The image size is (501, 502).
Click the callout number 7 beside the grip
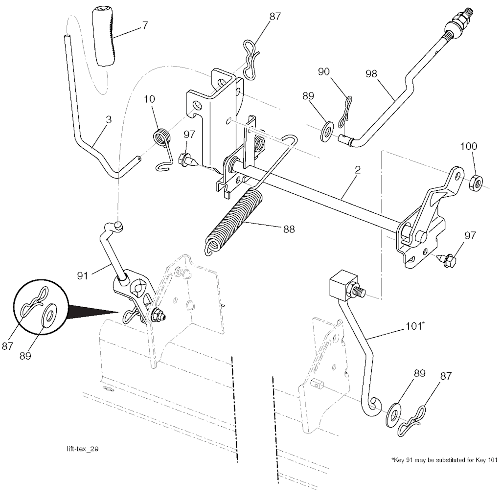click(x=145, y=25)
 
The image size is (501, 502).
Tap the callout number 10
click(x=149, y=99)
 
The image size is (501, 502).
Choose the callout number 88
click(x=289, y=228)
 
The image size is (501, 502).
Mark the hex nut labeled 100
click(x=474, y=183)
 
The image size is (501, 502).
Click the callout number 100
click(x=468, y=146)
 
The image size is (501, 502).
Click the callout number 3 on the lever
click(x=108, y=119)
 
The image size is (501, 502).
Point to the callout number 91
click(x=82, y=276)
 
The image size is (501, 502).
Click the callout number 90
click(x=323, y=71)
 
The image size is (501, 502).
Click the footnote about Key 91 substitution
click(x=444, y=460)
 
